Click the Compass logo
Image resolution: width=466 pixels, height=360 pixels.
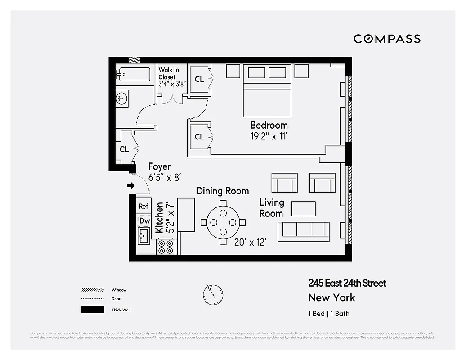pyautogui.click(x=387, y=39)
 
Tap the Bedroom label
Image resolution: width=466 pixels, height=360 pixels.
pyautogui.click(x=269, y=125)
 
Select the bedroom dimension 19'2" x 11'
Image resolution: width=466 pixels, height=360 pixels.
pyautogui.click(x=269, y=136)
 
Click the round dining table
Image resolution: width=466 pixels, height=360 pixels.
pyautogui.click(x=223, y=222)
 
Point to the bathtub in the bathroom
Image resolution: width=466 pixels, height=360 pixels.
pyautogui.click(x=134, y=75)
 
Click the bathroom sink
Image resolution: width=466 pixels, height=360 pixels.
pyautogui.click(x=122, y=98)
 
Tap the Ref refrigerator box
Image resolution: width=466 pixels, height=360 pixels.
pyautogui.click(x=143, y=206)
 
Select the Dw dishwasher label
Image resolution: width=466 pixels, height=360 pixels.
pyautogui.click(x=144, y=221)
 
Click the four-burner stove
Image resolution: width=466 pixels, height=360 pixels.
pyautogui.click(x=165, y=247)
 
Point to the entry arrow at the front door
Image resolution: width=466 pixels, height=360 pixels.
pyautogui.click(x=131, y=185)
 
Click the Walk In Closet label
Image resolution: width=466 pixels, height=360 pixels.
pyautogui.click(x=169, y=74)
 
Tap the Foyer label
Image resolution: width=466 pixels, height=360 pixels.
pyautogui.click(x=160, y=167)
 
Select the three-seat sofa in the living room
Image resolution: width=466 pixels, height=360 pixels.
pyautogui.click(x=304, y=229)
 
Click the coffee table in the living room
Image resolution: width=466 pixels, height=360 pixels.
pyautogui.click(x=304, y=208)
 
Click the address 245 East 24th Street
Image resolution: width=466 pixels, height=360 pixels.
pyautogui.click(x=347, y=283)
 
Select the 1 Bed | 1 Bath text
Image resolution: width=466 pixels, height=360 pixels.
pyautogui.click(x=329, y=314)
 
